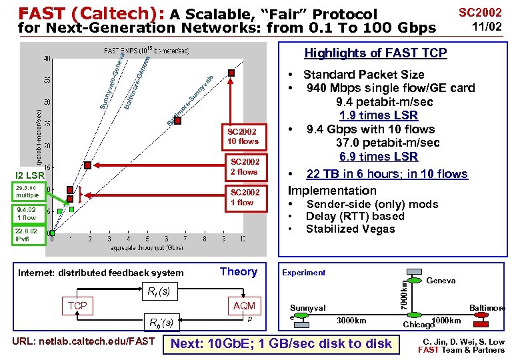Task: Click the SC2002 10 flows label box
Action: [242, 136]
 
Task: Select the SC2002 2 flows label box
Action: [243, 167]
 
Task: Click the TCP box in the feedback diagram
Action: [77, 305]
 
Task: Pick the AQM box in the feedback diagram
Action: [243, 305]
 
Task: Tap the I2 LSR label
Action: [31, 176]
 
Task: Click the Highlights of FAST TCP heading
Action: [375, 53]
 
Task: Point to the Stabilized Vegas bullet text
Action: [350, 229]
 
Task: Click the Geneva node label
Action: [441, 281]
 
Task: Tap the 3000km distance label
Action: [351, 321]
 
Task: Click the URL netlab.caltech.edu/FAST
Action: [83, 342]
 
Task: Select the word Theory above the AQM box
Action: [238, 271]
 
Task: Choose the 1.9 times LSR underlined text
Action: [378, 115]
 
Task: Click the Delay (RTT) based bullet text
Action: [355, 217]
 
